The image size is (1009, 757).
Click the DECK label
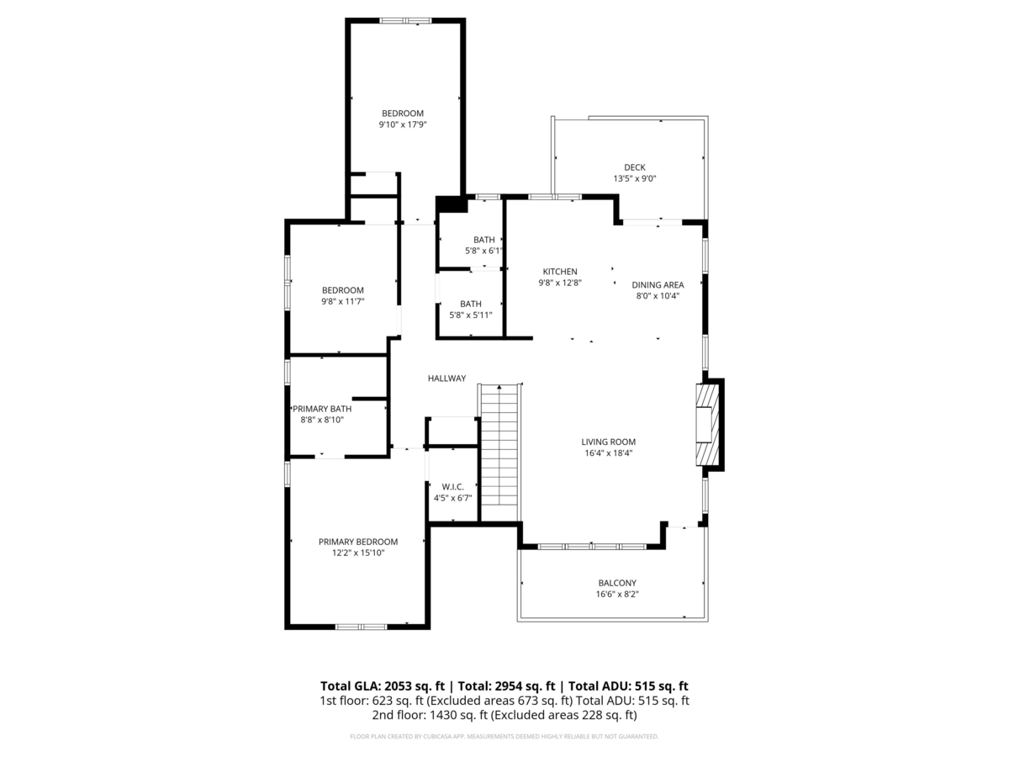click(634, 167)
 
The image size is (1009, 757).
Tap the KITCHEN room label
click(560, 272)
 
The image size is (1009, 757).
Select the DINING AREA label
click(658, 285)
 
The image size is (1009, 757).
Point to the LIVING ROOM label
click(608, 442)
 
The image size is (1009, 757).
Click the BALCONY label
click(617, 583)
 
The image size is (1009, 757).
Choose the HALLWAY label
click(446, 378)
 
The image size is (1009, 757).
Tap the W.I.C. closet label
click(452, 487)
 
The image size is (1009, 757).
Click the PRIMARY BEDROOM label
click(357, 542)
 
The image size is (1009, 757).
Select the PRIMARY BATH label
click(322, 409)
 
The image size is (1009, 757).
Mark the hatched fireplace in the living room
click(708, 425)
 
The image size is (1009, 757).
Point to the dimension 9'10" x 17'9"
click(403, 124)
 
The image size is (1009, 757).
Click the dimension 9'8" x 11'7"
click(342, 301)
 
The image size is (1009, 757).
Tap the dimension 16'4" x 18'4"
click(608, 453)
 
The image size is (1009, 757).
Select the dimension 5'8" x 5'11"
click(470, 315)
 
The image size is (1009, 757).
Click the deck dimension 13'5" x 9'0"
click(634, 178)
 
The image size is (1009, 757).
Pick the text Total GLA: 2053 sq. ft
click(383, 686)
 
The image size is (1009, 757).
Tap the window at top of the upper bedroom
click(405, 20)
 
